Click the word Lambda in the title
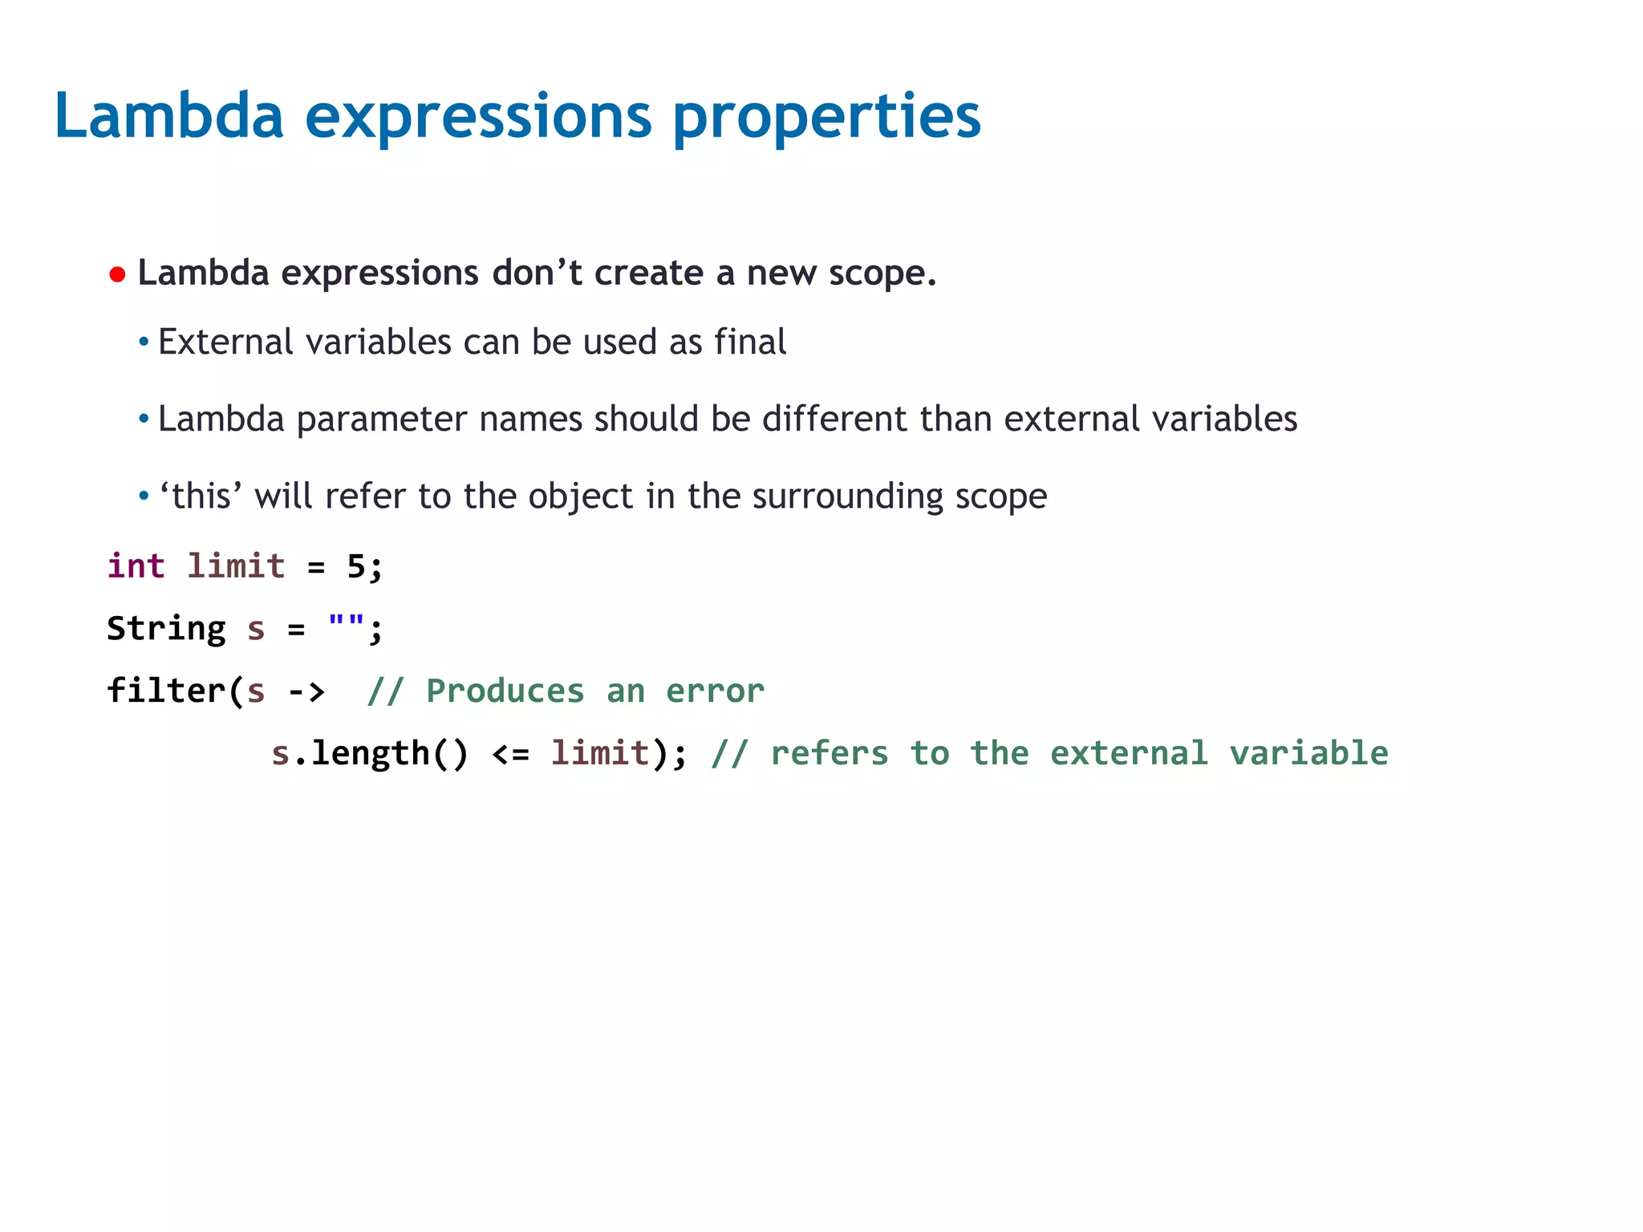tap(168, 116)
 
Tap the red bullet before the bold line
tap(117, 275)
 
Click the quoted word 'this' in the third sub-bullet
tap(201, 496)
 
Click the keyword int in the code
tap(136, 566)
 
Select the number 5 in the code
tap(355, 566)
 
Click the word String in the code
tap(166, 629)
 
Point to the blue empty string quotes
tap(346, 622)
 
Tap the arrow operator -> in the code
tap(306, 691)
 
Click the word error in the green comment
tap(715, 691)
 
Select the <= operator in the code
tap(510, 754)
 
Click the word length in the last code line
tap(370, 754)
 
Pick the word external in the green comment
tap(1128, 754)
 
